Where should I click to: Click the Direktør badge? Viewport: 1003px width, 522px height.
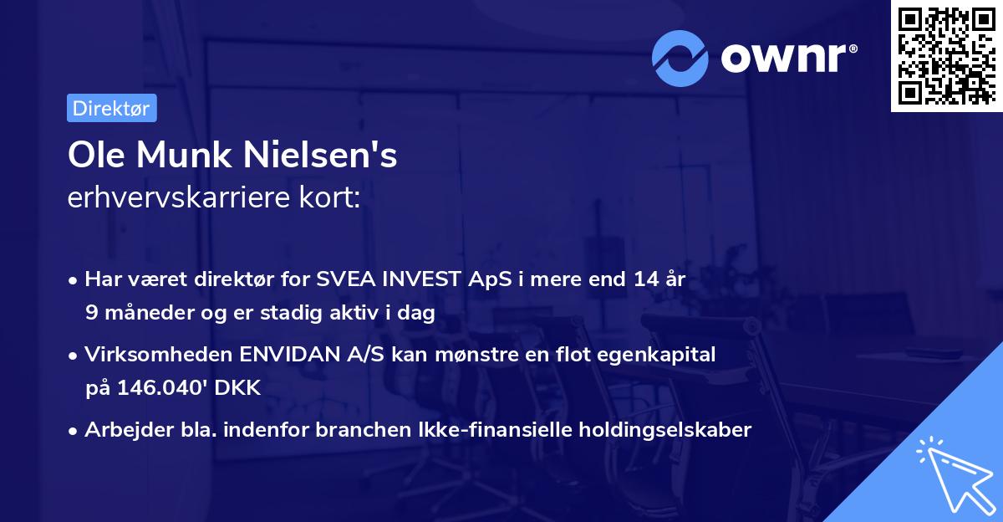111,108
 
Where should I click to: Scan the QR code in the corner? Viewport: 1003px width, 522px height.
946,56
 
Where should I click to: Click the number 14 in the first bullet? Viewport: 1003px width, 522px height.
639,279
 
